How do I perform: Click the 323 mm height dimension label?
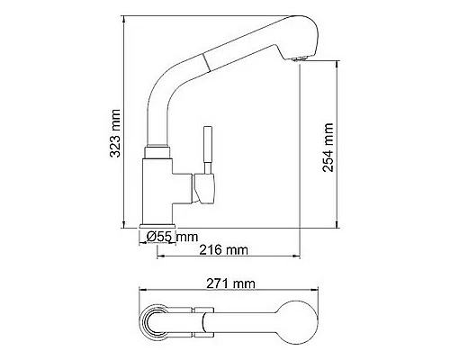click(x=115, y=132)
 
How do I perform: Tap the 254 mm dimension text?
click(x=328, y=147)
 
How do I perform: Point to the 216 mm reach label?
click(x=223, y=249)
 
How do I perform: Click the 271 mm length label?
click(x=229, y=283)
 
